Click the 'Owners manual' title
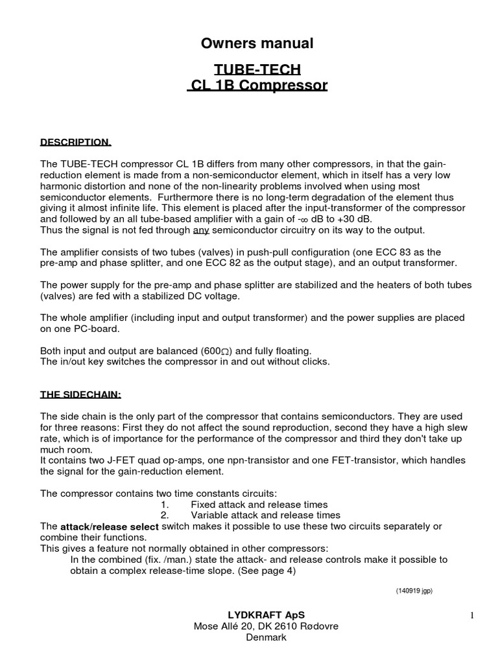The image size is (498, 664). point(257,43)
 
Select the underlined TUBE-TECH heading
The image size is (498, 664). point(257,69)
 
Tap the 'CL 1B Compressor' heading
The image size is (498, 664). point(257,86)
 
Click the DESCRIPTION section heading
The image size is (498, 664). point(76,142)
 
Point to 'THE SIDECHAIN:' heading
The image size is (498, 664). point(80,394)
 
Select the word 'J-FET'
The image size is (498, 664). point(105,460)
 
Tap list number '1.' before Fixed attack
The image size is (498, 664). point(164,504)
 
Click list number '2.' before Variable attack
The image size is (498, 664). point(164,515)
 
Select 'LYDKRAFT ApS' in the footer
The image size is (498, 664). point(257,615)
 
